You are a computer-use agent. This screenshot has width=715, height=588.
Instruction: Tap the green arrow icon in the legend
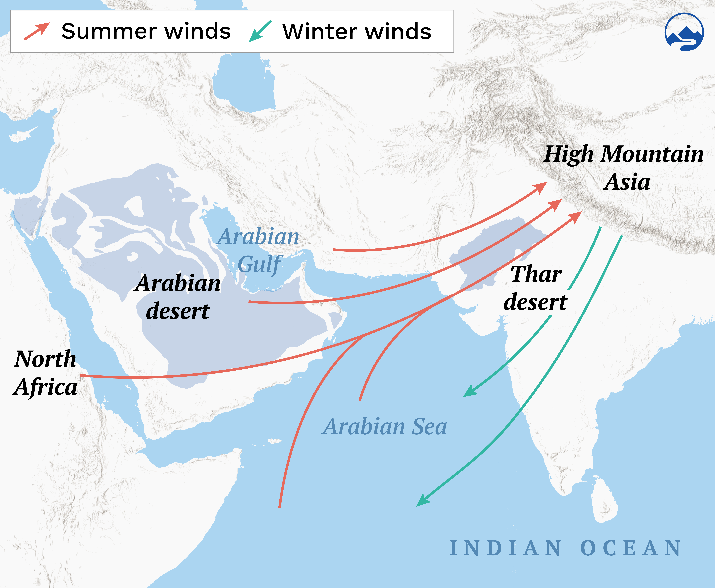click(260, 31)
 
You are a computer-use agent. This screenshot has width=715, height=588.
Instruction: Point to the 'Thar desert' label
click(536, 288)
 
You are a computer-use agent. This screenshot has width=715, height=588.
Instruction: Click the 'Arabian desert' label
click(178, 297)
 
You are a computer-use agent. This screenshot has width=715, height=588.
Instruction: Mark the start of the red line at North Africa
click(81, 375)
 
